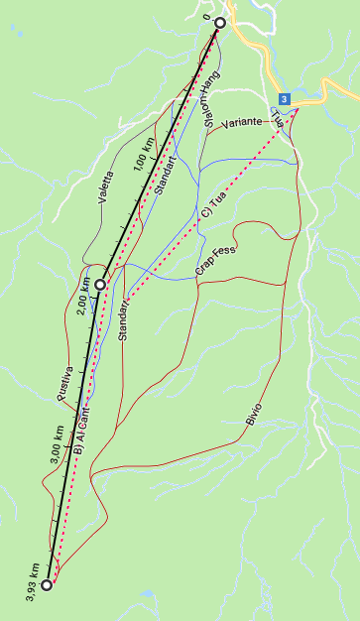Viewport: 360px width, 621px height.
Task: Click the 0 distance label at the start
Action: click(207, 17)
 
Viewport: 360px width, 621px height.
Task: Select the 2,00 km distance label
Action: click(82, 296)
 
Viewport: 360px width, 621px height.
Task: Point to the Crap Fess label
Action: click(215, 261)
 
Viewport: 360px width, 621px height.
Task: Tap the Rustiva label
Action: click(64, 382)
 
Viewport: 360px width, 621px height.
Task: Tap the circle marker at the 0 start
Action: click(220, 22)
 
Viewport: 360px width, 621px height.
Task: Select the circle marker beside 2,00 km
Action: click(100, 284)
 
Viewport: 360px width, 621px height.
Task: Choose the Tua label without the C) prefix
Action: click(278, 120)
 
